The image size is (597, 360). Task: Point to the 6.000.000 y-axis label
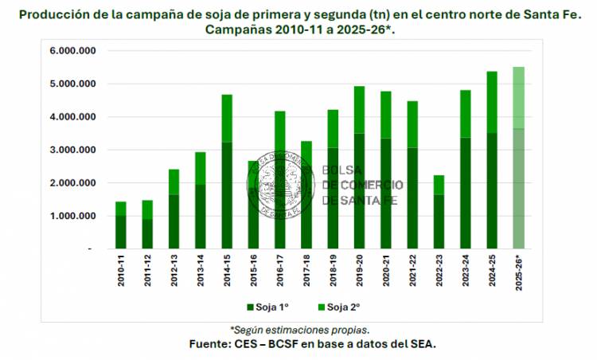coord(73,50)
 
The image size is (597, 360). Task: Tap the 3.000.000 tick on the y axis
coord(73,150)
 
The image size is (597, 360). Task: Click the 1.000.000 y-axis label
coord(73,216)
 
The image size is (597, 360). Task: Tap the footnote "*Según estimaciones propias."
coord(300,329)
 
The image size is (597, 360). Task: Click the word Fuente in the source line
coord(211,343)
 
